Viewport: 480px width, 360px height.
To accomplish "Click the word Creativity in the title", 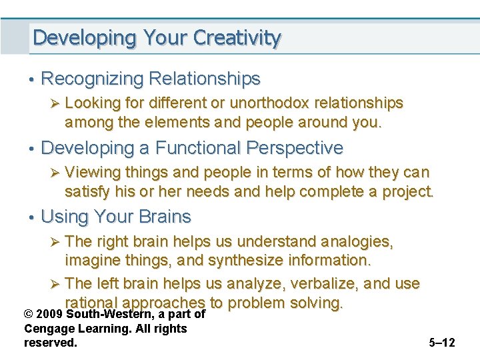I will pyautogui.click(x=237, y=38).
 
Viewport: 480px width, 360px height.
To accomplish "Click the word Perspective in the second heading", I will pyautogui.click(x=295, y=148).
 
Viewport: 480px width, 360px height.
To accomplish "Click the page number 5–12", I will pyautogui.click(x=442, y=343).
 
